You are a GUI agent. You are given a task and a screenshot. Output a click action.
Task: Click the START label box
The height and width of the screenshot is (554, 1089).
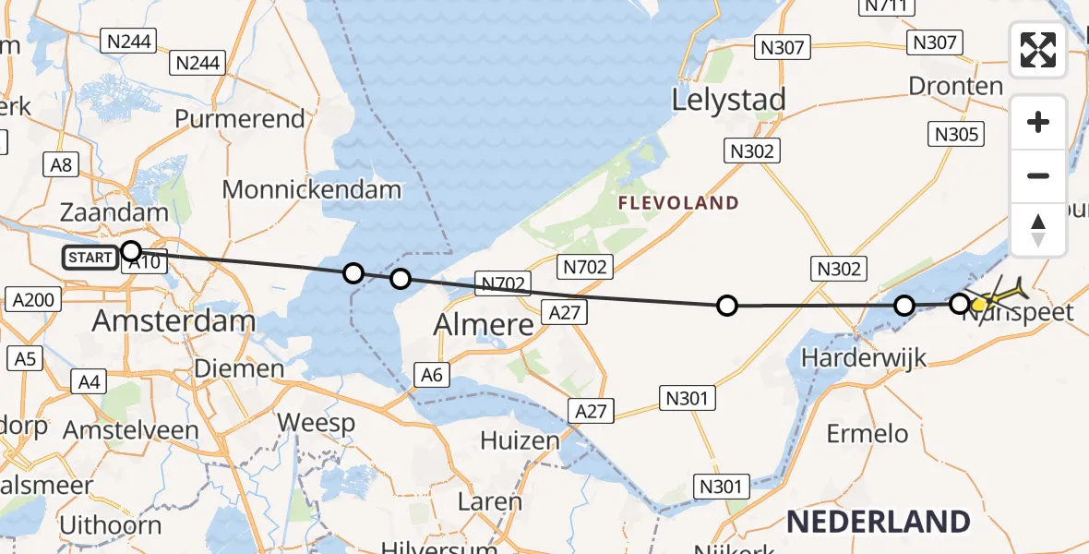click(x=90, y=258)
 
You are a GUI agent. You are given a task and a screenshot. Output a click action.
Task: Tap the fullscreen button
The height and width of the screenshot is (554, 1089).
click(x=1038, y=50)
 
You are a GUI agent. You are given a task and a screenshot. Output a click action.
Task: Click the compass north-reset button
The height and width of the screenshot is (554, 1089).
click(x=1038, y=230)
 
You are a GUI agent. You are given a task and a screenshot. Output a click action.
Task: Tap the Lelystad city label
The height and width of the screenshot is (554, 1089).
click(x=729, y=100)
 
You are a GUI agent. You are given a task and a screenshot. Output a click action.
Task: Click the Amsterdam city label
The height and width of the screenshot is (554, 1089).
click(x=174, y=320)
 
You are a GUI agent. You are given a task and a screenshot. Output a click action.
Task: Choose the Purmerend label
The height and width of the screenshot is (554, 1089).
click(x=240, y=119)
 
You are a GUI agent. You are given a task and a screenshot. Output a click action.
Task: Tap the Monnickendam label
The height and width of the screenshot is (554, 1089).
click(x=312, y=190)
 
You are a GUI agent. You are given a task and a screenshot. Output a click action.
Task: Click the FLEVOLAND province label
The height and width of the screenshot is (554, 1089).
click(x=678, y=203)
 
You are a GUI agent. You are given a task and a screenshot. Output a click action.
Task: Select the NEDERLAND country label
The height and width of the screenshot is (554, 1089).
click(x=878, y=522)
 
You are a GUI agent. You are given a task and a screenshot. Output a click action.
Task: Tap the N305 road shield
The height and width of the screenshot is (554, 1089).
click(x=955, y=135)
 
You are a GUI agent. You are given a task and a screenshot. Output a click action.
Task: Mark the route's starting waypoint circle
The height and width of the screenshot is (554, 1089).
click(x=131, y=251)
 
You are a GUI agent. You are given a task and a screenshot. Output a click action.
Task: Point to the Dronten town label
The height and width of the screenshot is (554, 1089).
click(x=955, y=86)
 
